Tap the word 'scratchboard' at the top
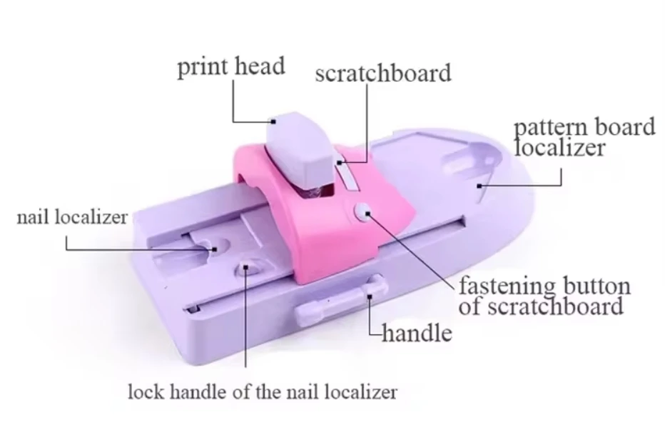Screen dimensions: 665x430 [x=382, y=73]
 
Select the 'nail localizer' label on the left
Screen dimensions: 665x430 [x=71, y=216]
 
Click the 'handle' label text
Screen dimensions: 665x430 [x=417, y=332]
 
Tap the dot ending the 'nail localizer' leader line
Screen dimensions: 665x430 [x=215, y=249]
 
